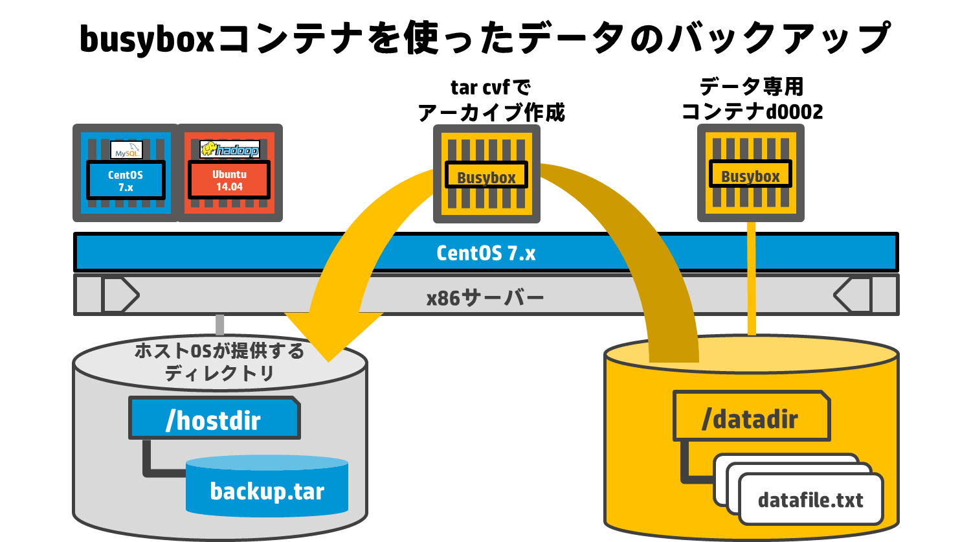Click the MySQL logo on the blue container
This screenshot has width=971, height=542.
point(126,150)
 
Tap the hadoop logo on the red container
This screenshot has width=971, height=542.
point(230,149)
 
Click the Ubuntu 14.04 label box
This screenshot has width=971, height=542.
point(229,180)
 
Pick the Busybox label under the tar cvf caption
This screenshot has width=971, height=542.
point(486,175)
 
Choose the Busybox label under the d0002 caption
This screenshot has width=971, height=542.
point(750,174)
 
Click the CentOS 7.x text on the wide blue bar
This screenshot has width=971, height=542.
point(486,253)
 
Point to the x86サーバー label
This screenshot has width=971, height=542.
point(485,298)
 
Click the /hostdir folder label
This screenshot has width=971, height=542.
point(214,418)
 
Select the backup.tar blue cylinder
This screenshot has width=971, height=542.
point(267,486)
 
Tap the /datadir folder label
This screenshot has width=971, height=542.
point(751,416)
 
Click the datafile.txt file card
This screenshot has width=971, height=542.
point(810,499)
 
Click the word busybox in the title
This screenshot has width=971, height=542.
point(147,39)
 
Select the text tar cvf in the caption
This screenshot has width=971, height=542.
point(480,87)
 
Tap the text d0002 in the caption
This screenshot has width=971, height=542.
point(794,112)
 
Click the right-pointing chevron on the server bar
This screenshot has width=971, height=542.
point(122,295)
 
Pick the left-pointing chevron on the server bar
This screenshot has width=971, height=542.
point(852,295)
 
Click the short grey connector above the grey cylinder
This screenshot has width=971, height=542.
point(220,325)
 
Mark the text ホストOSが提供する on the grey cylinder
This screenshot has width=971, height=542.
point(219,350)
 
